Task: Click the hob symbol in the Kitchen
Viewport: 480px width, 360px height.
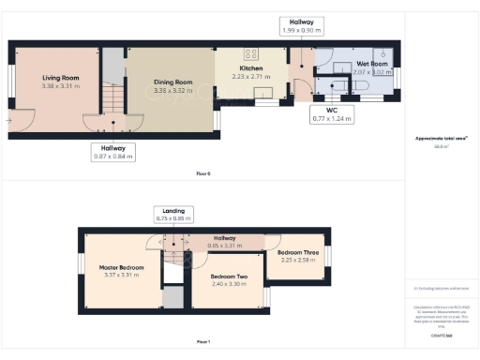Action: pos(250,53)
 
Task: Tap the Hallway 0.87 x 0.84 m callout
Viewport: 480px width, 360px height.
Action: pos(113,151)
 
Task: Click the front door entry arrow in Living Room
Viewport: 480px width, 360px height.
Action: pos(10,121)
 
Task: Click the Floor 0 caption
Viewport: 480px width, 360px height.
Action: pos(203,173)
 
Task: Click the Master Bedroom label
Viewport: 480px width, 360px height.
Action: pos(119,267)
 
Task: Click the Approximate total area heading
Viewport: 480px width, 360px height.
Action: pos(441,138)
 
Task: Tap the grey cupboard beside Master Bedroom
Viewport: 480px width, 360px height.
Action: pos(172,298)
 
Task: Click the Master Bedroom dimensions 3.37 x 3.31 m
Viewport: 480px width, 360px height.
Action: pos(119,275)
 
